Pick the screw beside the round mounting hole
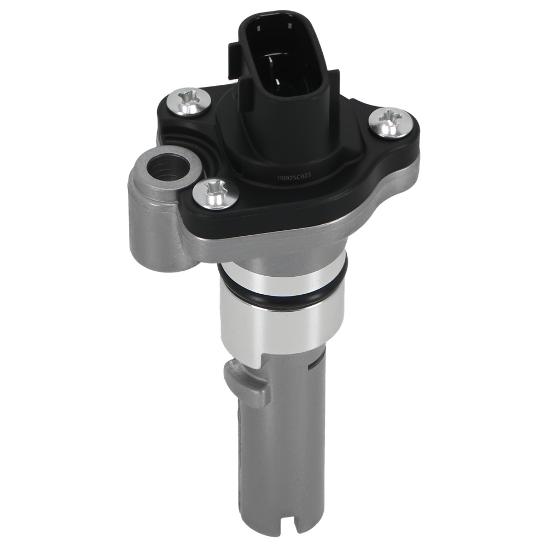point(216,193)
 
